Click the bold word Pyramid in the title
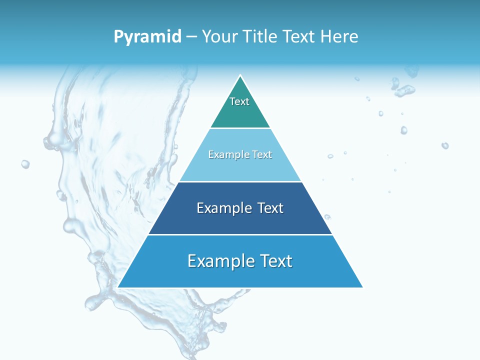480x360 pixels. pos(147,37)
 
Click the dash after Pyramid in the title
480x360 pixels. pos(191,37)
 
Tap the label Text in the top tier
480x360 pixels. pos(239,101)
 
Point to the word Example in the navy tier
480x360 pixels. pos(224,208)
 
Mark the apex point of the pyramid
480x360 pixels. pos(240,76)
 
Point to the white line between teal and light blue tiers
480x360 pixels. pos(240,128)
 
